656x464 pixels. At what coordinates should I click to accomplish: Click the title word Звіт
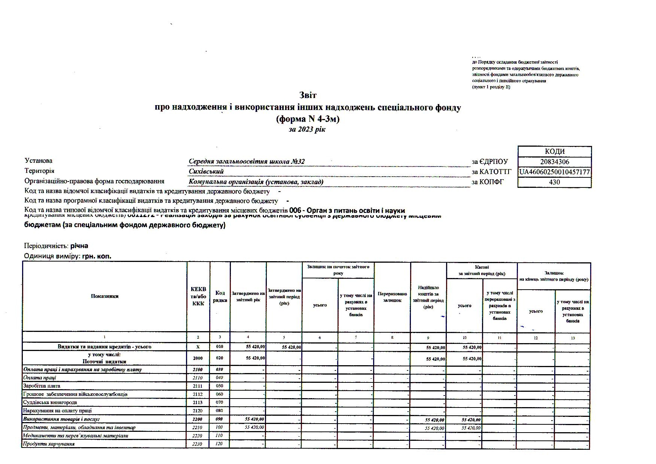pos(308,95)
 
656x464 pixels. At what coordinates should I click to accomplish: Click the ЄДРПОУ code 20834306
pos(555,162)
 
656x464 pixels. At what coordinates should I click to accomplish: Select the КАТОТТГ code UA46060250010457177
pos(555,172)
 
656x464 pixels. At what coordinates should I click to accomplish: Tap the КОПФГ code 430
pos(554,182)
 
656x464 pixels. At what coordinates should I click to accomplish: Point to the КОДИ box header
pos(555,152)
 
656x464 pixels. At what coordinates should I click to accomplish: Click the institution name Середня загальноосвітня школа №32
pos(247,162)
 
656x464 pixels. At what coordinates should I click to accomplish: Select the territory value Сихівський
pos(206,172)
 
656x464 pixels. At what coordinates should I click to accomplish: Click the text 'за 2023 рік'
pos(307,129)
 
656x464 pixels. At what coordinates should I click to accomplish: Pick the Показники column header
pos(104,296)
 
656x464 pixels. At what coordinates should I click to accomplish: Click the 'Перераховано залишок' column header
pos(392,297)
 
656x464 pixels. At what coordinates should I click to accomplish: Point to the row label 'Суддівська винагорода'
pos(50,403)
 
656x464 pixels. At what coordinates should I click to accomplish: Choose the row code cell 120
pos(219,444)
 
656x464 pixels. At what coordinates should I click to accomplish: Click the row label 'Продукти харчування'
pos(49,444)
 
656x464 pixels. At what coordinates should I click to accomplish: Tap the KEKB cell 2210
pos(198,428)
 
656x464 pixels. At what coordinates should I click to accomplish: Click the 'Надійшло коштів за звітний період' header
pos(428,297)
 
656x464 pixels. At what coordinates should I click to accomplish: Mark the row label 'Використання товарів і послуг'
pos(61,419)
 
